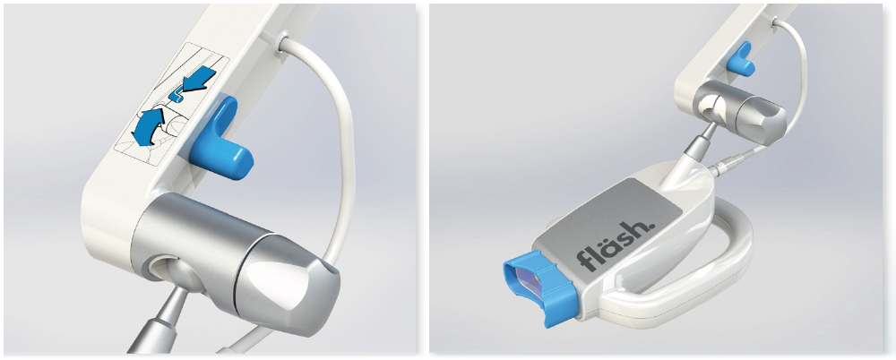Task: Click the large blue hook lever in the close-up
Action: (217, 140)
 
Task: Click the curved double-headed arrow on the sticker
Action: (149, 125)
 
